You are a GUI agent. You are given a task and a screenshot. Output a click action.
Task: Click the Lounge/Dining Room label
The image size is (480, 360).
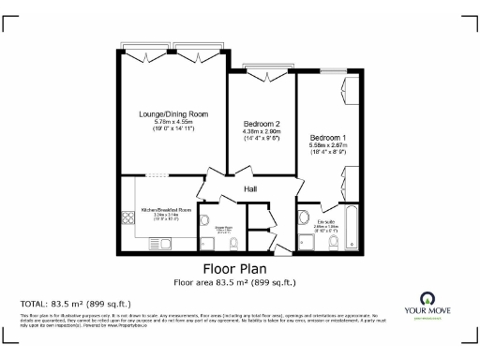click(173, 114)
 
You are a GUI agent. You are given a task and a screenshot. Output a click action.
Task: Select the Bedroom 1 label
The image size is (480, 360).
click(329, 137)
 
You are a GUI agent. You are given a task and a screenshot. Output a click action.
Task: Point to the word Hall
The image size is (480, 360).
click(251, 189)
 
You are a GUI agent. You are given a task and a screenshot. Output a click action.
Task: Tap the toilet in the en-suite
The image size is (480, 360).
click(334, 241)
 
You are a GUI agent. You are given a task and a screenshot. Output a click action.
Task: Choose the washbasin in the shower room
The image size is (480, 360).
click(205, 222)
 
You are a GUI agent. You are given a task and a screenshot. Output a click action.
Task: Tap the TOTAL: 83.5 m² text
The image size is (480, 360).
click(75, 304)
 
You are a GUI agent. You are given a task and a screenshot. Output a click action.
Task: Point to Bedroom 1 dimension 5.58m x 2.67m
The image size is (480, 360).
click(329, 145)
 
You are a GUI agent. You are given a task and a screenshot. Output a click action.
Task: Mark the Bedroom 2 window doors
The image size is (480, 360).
click(263, 68)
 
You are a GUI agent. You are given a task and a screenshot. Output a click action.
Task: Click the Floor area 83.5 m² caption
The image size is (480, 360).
click(240, 281)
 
